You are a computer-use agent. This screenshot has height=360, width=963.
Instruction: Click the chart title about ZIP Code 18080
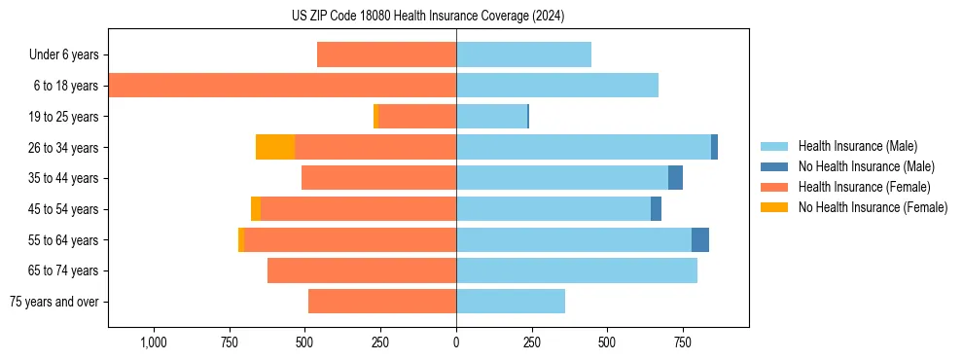point(455,16)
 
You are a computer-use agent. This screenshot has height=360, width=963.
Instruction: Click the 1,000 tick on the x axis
point(154,342)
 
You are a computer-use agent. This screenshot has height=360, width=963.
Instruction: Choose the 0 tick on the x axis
point(456,342)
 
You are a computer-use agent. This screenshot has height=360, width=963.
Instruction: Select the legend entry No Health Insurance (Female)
point(873,207)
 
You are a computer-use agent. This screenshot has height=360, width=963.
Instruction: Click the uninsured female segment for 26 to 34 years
point(275,147)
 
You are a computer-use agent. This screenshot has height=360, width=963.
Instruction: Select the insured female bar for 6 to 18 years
point(282,86)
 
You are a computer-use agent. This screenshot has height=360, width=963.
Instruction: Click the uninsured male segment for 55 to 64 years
point(700,240)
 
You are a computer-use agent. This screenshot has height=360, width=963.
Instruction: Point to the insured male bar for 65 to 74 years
point(577,270)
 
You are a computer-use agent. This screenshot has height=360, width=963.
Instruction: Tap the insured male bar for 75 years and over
point(511,302)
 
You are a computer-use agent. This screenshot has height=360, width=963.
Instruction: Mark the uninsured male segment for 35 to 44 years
point(675,178)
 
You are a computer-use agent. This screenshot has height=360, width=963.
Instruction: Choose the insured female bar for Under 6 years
point(386,55)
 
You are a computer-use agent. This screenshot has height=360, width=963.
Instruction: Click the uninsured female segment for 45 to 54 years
point(256,209)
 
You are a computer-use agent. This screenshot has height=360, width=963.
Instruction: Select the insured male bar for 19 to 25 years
point(491,117)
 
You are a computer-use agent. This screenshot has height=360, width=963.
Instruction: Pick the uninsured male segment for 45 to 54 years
point(656,209)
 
